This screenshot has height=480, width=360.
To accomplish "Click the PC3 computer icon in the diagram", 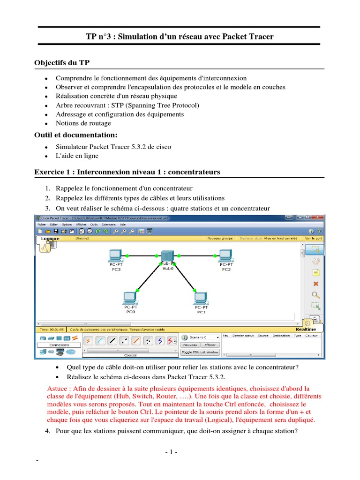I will coord(115,255).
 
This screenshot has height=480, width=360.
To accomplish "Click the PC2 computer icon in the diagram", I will coord(225,255).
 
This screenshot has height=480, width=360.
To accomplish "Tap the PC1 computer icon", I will coord(201,298).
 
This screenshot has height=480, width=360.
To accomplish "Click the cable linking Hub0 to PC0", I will coord(149,277).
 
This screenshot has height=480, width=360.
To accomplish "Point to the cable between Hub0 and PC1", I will coord(184,277).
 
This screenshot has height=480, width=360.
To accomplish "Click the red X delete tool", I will coord(315,284).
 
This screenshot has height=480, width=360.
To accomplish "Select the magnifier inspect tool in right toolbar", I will coord(315,295).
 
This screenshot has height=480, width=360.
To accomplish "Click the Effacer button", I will coord(210,345).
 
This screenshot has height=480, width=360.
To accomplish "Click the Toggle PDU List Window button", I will coord(200,352).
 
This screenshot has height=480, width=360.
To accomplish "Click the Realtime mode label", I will coord(306,329).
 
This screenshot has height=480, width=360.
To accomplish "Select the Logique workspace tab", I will coord(50,239).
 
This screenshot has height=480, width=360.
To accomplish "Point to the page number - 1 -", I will coord(171,452).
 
